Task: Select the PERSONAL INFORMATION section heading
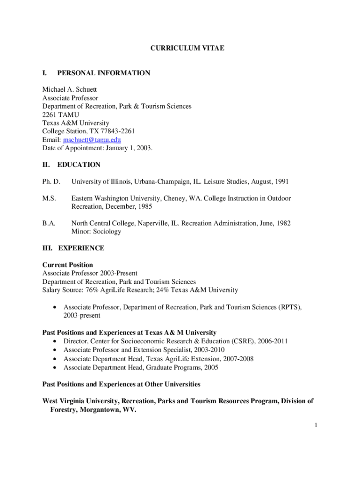pyautogui.click(x=103, y=73)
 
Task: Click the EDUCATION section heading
pyautogui.click(x=79, y=165)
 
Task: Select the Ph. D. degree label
pyautogui.click(x=51, y=181)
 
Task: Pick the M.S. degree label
pyautogui.click(x=49, y=198)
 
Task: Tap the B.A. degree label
pyautogui.click(x=49, y=223)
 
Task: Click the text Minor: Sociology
pyautogui.click(x=96, y=232)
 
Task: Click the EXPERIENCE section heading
pyautogui.click(x=81, y=248)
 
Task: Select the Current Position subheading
pyautogui.click(x=67, y=265)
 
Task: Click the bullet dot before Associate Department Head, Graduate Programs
pyautogui.click(x=56, y=368)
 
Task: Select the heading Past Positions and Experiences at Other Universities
pyautogui.click(x=121, y=385)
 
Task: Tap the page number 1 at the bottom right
pyautogui.click(x=316, y=425)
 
